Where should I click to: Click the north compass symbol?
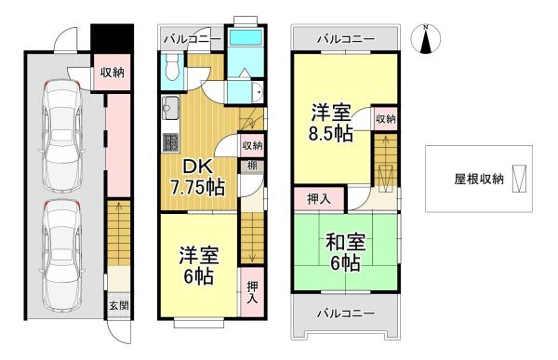click(x=426, y=39)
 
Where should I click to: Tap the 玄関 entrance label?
click(x=119, y=305)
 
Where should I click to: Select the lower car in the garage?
click(x=62, y=257)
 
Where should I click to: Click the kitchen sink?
click(x=170, y=108)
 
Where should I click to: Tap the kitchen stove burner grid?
click(x=170, y=142)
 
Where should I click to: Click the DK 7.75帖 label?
click(x=197, y=177)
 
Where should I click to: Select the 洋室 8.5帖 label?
click(x=331, y=123)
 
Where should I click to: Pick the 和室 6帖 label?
click(x=345, y=252)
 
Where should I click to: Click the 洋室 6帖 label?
click(x=199, y=264)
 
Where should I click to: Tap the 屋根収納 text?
click(x=479, y=179)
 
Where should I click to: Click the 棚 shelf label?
click(x=252, y=166)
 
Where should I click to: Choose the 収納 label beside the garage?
click(x=112, y=73)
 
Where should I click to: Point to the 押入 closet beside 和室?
click(x=319, y=199)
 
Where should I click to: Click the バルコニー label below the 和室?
click(x=346, y=313)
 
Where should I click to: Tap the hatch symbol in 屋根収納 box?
click(x=519, y=179)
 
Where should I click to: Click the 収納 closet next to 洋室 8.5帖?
click(x=385, y=118)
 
